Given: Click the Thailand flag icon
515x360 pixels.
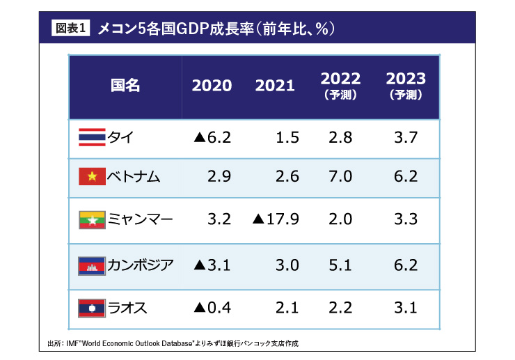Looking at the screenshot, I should tap(91, 138).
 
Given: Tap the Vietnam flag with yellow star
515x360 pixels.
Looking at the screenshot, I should tap(91, 178).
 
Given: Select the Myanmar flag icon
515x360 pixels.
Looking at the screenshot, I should tap(91, 219).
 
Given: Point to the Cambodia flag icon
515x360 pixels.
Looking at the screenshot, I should tap(91, 265).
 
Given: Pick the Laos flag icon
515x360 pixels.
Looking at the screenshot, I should tap(91, 307).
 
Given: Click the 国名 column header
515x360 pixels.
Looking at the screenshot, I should tap(125, 86).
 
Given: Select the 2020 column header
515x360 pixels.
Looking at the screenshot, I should tap(212, 86).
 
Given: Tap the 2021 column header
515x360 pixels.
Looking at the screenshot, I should tap(275, 86).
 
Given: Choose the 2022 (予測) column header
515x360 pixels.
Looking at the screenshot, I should tap(341, 86).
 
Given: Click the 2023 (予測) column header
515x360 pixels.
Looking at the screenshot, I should tap(406, 86).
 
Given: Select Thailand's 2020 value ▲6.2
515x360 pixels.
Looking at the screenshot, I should tap(212, 138).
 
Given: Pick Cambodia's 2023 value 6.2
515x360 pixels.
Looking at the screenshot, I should tap(406, 265).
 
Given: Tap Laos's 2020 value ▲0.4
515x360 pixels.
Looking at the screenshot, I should tap(212, 307).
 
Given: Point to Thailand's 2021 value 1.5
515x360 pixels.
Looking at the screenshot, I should tap(287, 138).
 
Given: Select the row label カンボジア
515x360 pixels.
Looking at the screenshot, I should tap(141, 265).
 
